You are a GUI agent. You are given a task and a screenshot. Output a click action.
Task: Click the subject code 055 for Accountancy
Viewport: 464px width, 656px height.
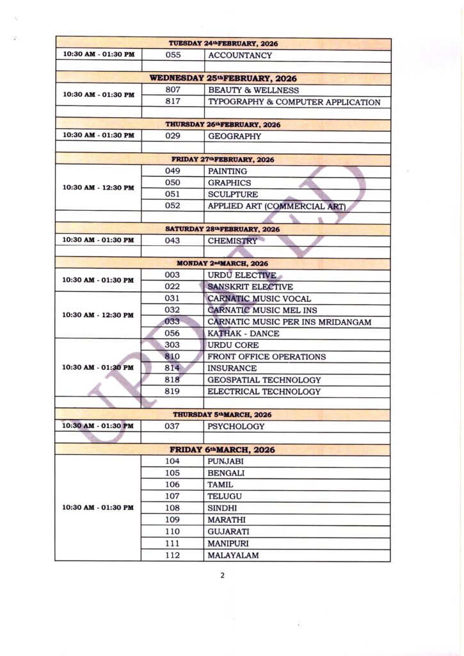tap(173, 55)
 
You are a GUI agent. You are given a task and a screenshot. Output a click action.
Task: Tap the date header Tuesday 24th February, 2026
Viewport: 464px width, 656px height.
tap(223, 43)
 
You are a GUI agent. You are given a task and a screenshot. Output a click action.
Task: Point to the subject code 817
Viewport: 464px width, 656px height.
tap(173, 101)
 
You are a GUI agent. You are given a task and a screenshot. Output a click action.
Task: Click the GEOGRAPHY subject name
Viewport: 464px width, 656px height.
tap(234, 136)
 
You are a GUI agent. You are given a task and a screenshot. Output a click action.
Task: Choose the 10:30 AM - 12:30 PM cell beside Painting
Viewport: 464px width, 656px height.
tap(99, 188)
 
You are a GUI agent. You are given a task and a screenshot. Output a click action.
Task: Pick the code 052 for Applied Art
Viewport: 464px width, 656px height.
tap(173, 206)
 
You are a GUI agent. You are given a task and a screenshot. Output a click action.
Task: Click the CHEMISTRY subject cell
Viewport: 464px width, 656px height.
tap(232, 241)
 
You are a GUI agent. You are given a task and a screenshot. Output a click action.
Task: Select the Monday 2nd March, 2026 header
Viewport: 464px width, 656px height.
tap(223, 263)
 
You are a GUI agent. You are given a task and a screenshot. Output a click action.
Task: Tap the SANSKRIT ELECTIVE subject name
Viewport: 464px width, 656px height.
tap(250, 287)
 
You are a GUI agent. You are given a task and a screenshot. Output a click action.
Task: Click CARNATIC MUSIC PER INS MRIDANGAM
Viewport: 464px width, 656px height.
tap(289, 322)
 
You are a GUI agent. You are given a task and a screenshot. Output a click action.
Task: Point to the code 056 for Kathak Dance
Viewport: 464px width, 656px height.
tap(173, 333)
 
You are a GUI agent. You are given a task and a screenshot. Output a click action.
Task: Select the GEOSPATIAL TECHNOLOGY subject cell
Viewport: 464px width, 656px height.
tap(264, 380)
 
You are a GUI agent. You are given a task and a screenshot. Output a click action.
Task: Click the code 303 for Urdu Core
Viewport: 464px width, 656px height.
tap(173, 345)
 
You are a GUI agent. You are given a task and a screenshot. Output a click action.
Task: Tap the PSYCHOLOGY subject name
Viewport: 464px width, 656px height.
tap(236, 426)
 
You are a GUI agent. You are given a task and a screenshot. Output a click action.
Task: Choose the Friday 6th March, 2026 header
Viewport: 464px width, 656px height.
tap(223, 450)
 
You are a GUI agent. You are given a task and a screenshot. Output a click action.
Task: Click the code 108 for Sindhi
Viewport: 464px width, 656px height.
tap(173, 508)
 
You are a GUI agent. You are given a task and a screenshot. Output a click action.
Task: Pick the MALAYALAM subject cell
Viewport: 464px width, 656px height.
tap(233, 555)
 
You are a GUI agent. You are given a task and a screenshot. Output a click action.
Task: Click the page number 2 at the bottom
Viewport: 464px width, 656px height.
tap(222, 575)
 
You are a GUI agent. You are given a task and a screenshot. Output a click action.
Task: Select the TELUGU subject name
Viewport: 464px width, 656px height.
tap(224, 496)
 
